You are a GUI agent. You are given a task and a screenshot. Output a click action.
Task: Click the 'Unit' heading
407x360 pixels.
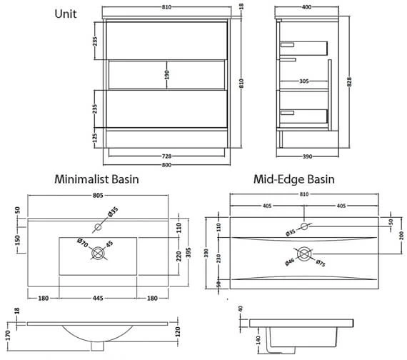66,14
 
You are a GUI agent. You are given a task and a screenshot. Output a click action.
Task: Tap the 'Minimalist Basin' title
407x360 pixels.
96,179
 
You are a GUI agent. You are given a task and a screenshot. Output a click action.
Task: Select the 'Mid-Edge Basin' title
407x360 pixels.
294,179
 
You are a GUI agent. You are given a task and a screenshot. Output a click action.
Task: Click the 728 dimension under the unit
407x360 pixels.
166,156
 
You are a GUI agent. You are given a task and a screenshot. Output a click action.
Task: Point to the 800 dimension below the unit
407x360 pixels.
166,165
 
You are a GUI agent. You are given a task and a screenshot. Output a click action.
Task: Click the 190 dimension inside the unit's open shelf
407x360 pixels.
166,75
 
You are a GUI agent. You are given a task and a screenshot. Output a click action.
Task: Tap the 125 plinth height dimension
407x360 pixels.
95,138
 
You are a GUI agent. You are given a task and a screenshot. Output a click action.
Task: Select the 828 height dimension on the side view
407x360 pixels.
349,82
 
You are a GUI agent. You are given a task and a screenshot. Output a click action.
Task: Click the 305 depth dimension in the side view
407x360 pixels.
304,81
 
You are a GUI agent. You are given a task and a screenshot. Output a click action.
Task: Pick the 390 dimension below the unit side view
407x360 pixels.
307,156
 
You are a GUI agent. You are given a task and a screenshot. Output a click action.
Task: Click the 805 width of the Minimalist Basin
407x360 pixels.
98,195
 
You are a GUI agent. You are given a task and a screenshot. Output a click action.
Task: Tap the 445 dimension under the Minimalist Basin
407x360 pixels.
98,298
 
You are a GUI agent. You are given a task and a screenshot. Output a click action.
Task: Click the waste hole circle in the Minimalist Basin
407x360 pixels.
98,253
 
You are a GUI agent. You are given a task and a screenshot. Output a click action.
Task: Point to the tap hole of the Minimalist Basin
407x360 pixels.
98,227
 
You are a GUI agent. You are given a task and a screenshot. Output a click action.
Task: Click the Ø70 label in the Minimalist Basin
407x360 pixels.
83,243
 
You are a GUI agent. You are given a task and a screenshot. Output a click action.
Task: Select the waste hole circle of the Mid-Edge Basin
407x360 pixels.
304,254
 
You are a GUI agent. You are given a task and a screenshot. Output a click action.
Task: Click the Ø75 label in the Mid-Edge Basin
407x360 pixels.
321,263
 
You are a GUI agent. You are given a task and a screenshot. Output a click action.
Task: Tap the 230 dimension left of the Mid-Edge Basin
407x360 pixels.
218,258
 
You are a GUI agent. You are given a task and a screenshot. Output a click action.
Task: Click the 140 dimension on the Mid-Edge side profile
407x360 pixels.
258,340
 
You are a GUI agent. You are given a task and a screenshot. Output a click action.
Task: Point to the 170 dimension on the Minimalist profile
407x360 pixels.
7,335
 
